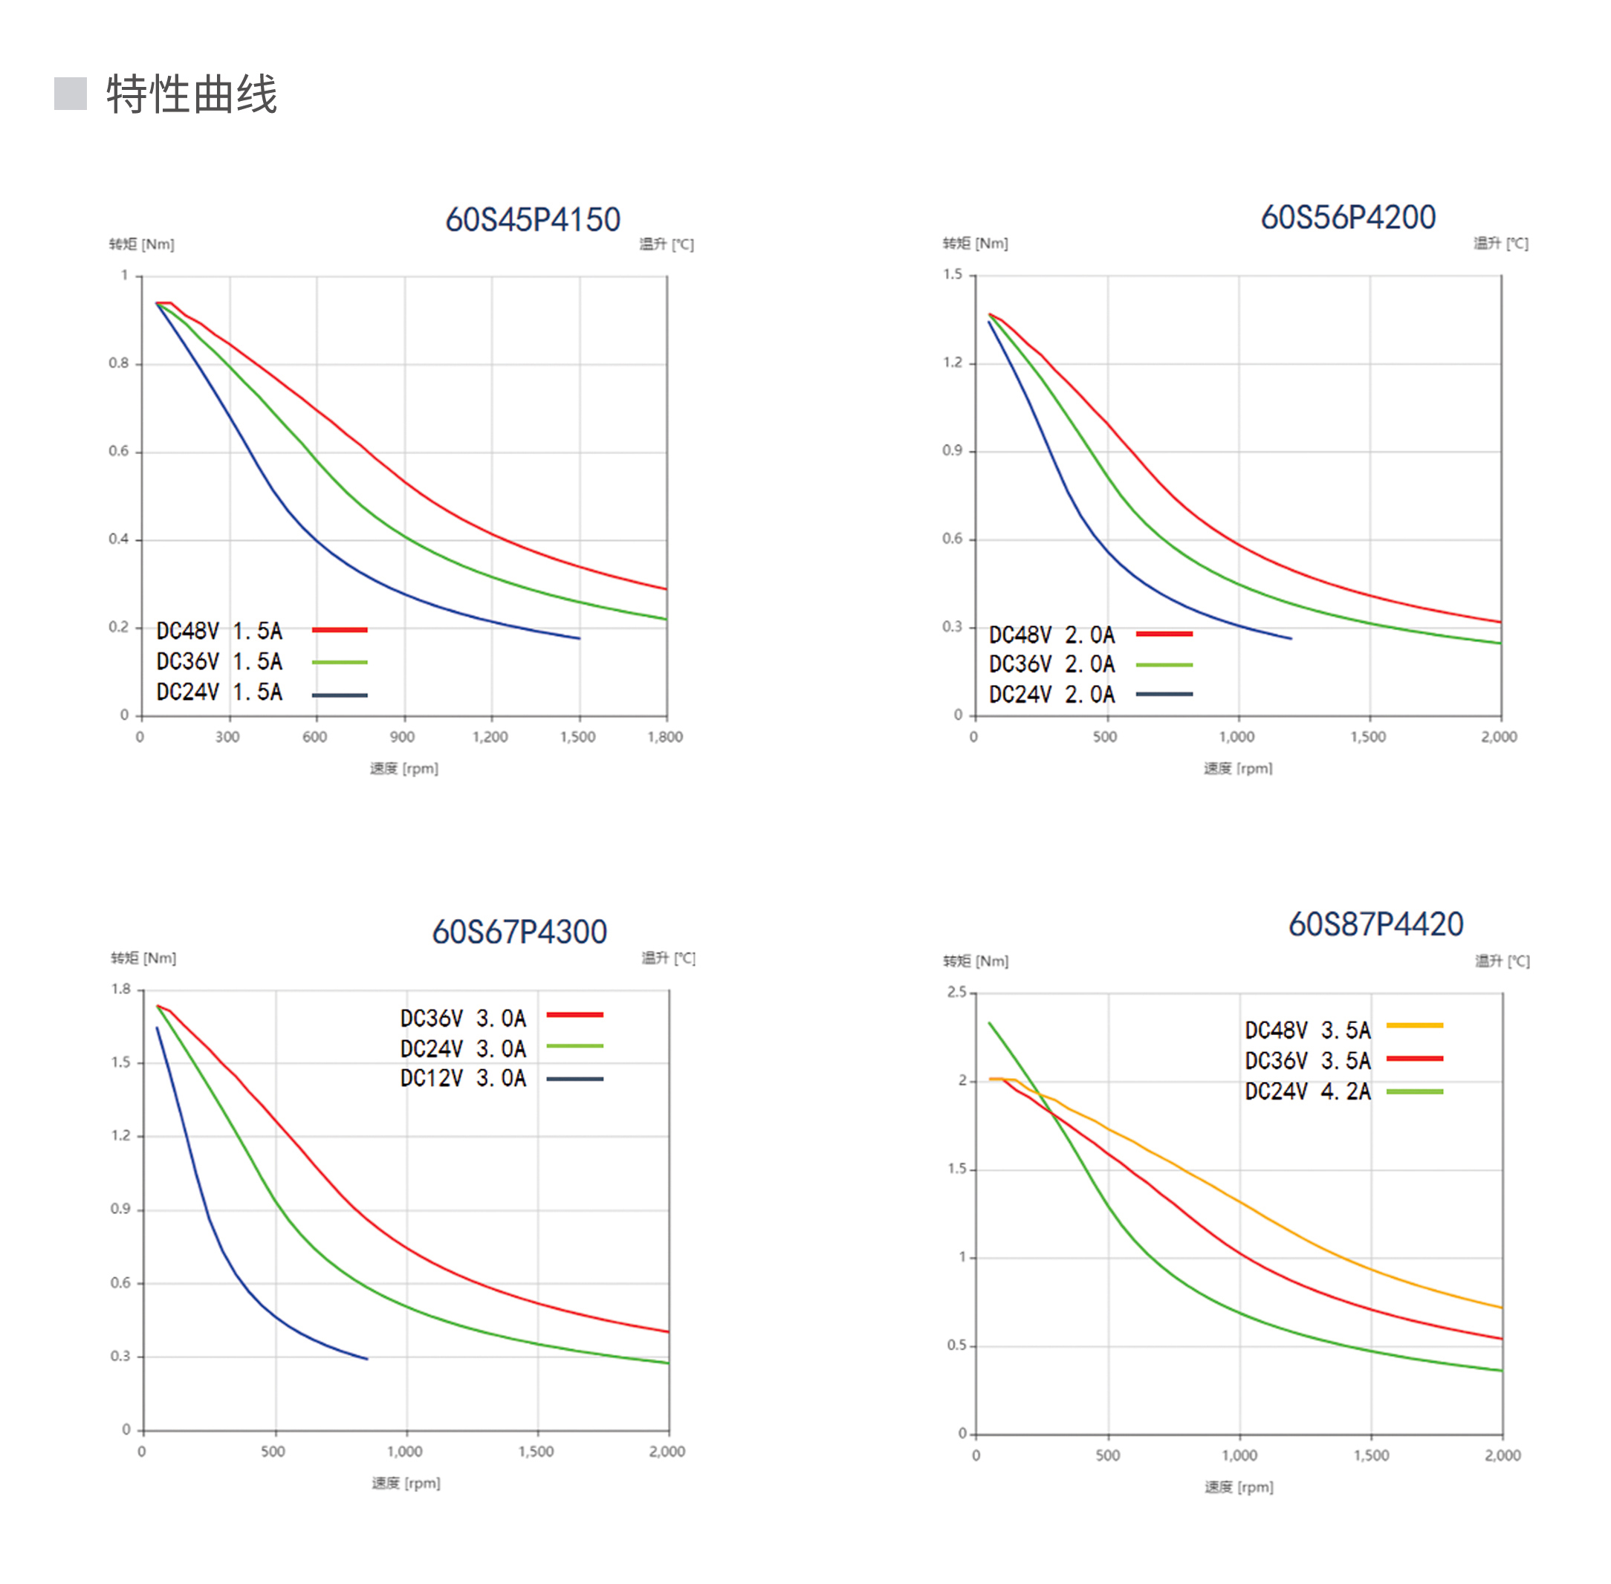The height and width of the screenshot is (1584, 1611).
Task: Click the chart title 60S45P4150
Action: tap(533, 220)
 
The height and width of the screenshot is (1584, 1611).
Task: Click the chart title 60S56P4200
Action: tap(1347, 217)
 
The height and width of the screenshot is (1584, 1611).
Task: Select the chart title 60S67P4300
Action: tap(519, 932)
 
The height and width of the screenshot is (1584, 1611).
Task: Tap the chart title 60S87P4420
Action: tap(1375, 924)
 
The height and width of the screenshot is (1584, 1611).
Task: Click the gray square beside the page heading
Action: tap(71, 93)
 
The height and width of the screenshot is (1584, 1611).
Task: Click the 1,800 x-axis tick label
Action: tap(665, 737)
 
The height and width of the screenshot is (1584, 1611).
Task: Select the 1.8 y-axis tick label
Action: tap(121, 989)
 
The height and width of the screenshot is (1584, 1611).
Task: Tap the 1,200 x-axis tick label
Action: tap(490, 737)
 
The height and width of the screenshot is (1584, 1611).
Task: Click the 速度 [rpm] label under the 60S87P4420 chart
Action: tap(1239, 1487)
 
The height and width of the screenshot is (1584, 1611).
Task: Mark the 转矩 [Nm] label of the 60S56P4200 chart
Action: tap(975, 243)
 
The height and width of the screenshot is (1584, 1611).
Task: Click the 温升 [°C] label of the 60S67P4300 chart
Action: tap(668, 958)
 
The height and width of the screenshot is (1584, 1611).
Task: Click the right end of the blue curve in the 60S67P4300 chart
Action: tap(367, 1359)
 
